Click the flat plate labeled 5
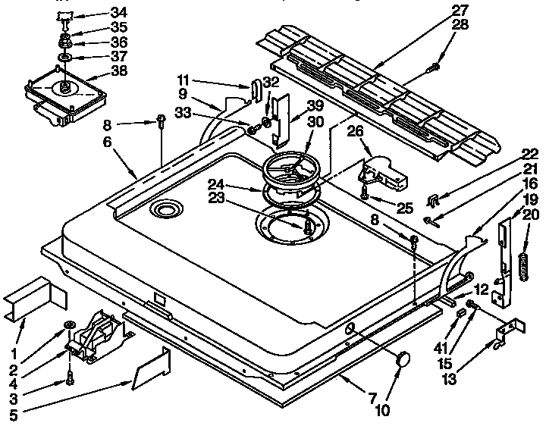pos(152,369)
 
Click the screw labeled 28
pos(434,68)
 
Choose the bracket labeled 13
pos(506,331)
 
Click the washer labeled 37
pos(64,57)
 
